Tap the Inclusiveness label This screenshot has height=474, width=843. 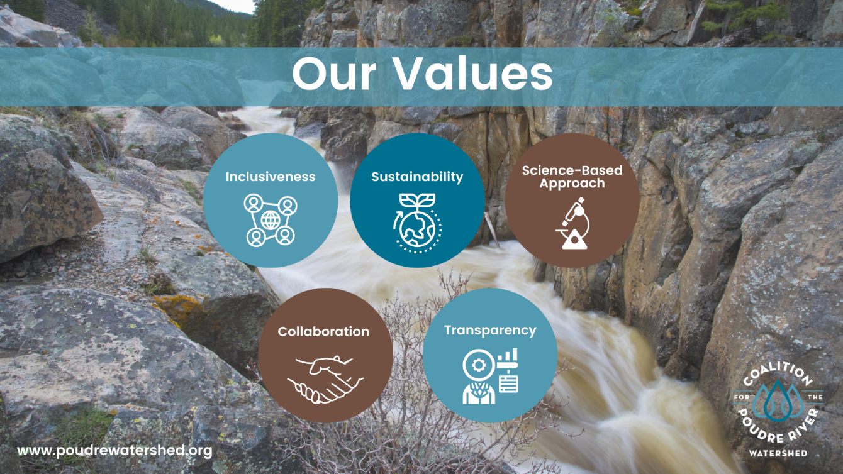(x=271, y=177)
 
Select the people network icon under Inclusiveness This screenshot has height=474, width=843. (x=271, y=220)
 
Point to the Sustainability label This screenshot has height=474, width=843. (x=417, y=177)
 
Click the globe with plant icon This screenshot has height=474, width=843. (x=417, y=223)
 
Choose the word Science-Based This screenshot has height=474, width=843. (x=572, y=170)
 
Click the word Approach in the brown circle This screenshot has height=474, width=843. (x=572, y=184)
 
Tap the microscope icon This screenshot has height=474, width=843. (x=572, y=224)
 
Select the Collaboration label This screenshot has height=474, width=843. (x=323, y=331)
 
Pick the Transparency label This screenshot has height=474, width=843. (x=490, y=330)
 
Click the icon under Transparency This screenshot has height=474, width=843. (x=490, y=377)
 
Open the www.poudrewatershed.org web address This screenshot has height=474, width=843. (x=114, y=450)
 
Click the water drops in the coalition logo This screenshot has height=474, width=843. (x=778, y=397)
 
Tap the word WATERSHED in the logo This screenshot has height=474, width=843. (x=778, y=453)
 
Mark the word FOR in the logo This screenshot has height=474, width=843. (x=743, y=397)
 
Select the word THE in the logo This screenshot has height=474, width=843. (x=814, y=397)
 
